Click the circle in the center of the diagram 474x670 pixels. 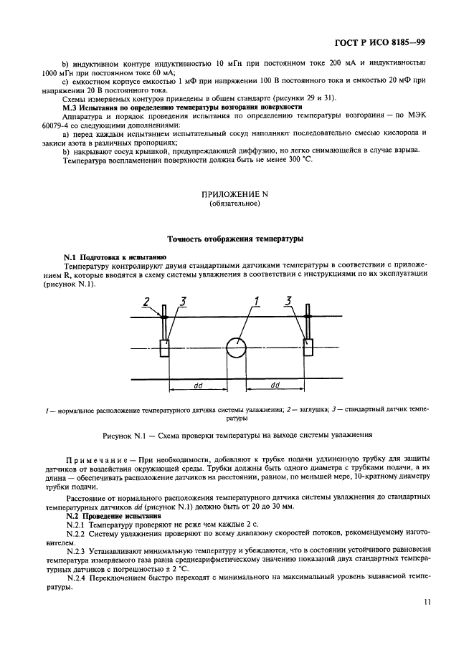click(x=236, y=349)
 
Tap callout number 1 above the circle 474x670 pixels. click(x=255, y=302)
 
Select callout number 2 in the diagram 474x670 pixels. click(x=146, y=302)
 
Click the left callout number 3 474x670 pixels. click(x=183, y=302)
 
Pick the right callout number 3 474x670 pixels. click(x=289, y=302)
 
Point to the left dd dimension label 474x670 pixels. click(x=198, y=385)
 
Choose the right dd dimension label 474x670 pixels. click(x=275, y=385)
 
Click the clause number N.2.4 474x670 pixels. click(x=77, y=578)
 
